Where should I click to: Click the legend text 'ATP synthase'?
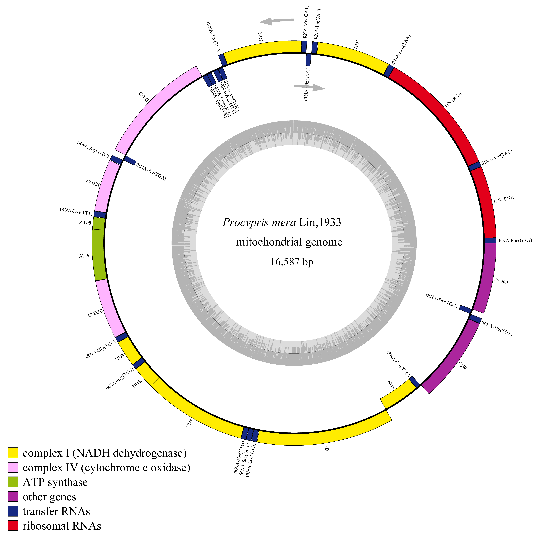[55, 482]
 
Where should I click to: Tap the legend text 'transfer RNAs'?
[56, 511]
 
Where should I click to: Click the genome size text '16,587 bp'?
[292, 262]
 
